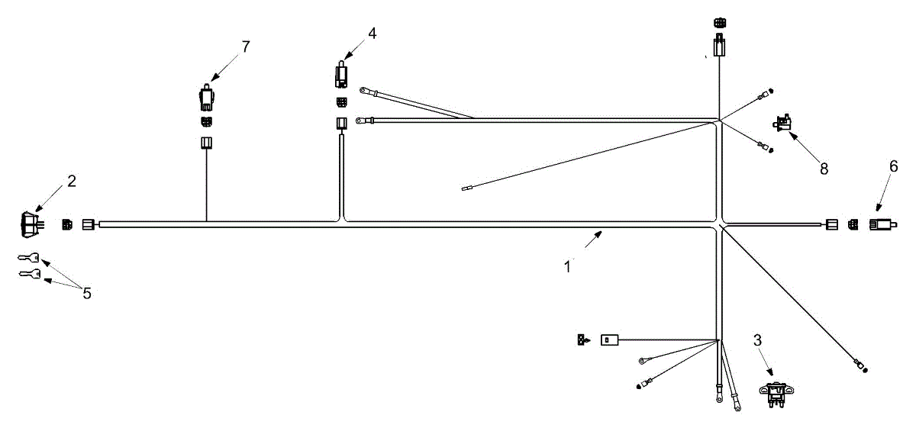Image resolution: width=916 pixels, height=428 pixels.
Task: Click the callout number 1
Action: pos(567,267)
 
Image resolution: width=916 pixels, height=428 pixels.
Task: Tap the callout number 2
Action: pos(72,181)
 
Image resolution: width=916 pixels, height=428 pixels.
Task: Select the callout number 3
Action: pos(757,340)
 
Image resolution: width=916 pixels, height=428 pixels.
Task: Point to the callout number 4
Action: pos(372,33)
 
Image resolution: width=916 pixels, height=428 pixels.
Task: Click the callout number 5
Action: pos(87,293)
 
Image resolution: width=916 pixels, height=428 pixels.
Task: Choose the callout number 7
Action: pos(246,47)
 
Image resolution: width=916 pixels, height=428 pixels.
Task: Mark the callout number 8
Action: pos(824,169)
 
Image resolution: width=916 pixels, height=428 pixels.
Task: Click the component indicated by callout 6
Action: pos(881,225)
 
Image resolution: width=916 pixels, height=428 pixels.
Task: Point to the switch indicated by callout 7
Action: pos(205,97)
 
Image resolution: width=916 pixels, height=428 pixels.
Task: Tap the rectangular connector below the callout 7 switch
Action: pos(205,143)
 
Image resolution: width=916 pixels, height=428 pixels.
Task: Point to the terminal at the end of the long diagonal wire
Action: pos(860,368)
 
